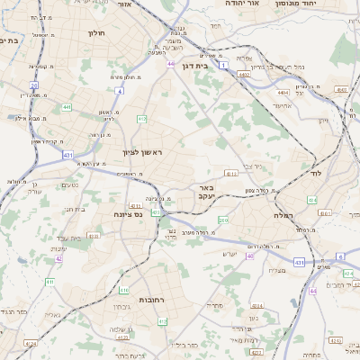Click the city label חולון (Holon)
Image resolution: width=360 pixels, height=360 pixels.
(x=97, y=33)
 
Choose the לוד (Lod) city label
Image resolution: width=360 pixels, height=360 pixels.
(x=315, y=172)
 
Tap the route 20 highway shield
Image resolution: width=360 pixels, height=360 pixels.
(x=34, y=85)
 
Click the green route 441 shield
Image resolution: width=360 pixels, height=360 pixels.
(x=67, y=107)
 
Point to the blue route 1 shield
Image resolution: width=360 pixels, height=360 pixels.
(x=235, y=80)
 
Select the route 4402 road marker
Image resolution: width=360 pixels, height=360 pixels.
(x=244, y=75)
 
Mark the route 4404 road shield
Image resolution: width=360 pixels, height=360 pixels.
(x=284, y=92)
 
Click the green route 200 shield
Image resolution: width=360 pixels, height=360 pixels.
(x=223, y=220)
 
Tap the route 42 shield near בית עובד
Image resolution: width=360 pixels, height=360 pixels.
(x=58, y=258)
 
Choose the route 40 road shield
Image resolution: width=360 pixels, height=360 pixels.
(x=251, y=256)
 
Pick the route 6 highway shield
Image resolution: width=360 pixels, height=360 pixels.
(x=340, y=256)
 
